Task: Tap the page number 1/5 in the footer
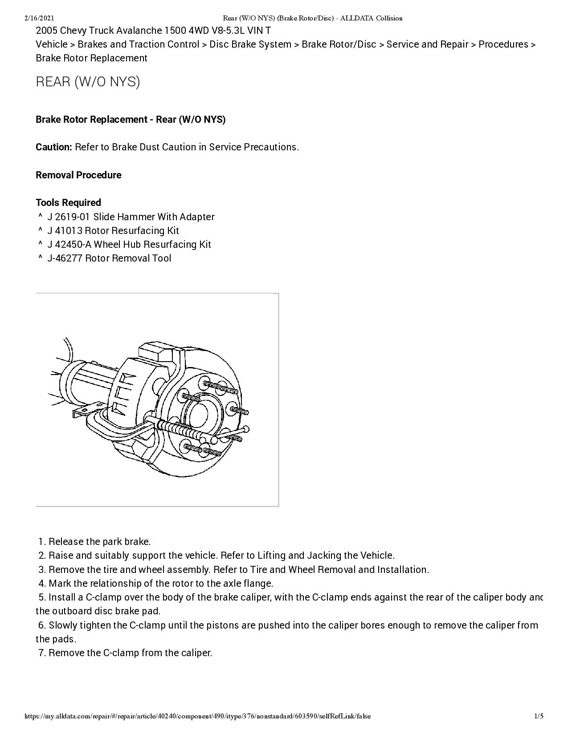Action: pyautogui.click(x=539, y=716)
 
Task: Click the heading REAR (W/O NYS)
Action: pyautogui.click(x=88, y=82)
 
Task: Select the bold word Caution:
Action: pyautogui.click(x=54, y=147)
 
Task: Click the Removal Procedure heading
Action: pyautogui.click(x=78, y=175)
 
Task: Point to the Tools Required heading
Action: pyautogui.click(x=68, y=203)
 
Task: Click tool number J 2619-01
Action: pyautogui.click(x=69, y=217)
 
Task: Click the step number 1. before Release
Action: pyautogui.click(x=42, y=542)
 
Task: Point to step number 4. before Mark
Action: pyautogui.click(x=42, y=583)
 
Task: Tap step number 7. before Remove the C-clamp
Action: pyautogui.click(x=42, y=653)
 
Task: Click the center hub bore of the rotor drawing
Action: pyautogui.click(x=199, y=415)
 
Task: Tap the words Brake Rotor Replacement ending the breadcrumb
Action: pyautogui.click(x=91, y=58)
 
